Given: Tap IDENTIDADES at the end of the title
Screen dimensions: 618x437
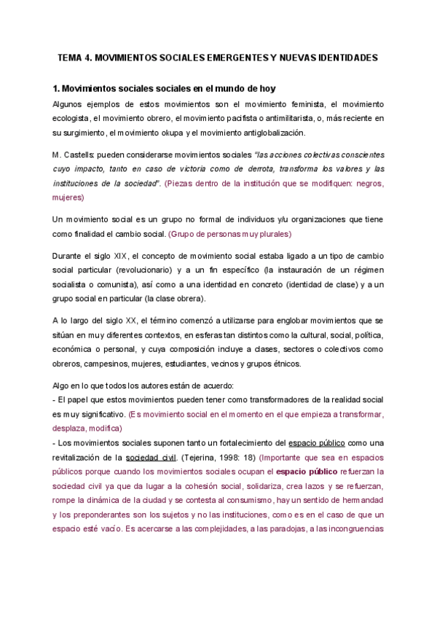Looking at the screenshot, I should (346, 56).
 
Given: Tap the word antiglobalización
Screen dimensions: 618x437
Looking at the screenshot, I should (269, 133).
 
